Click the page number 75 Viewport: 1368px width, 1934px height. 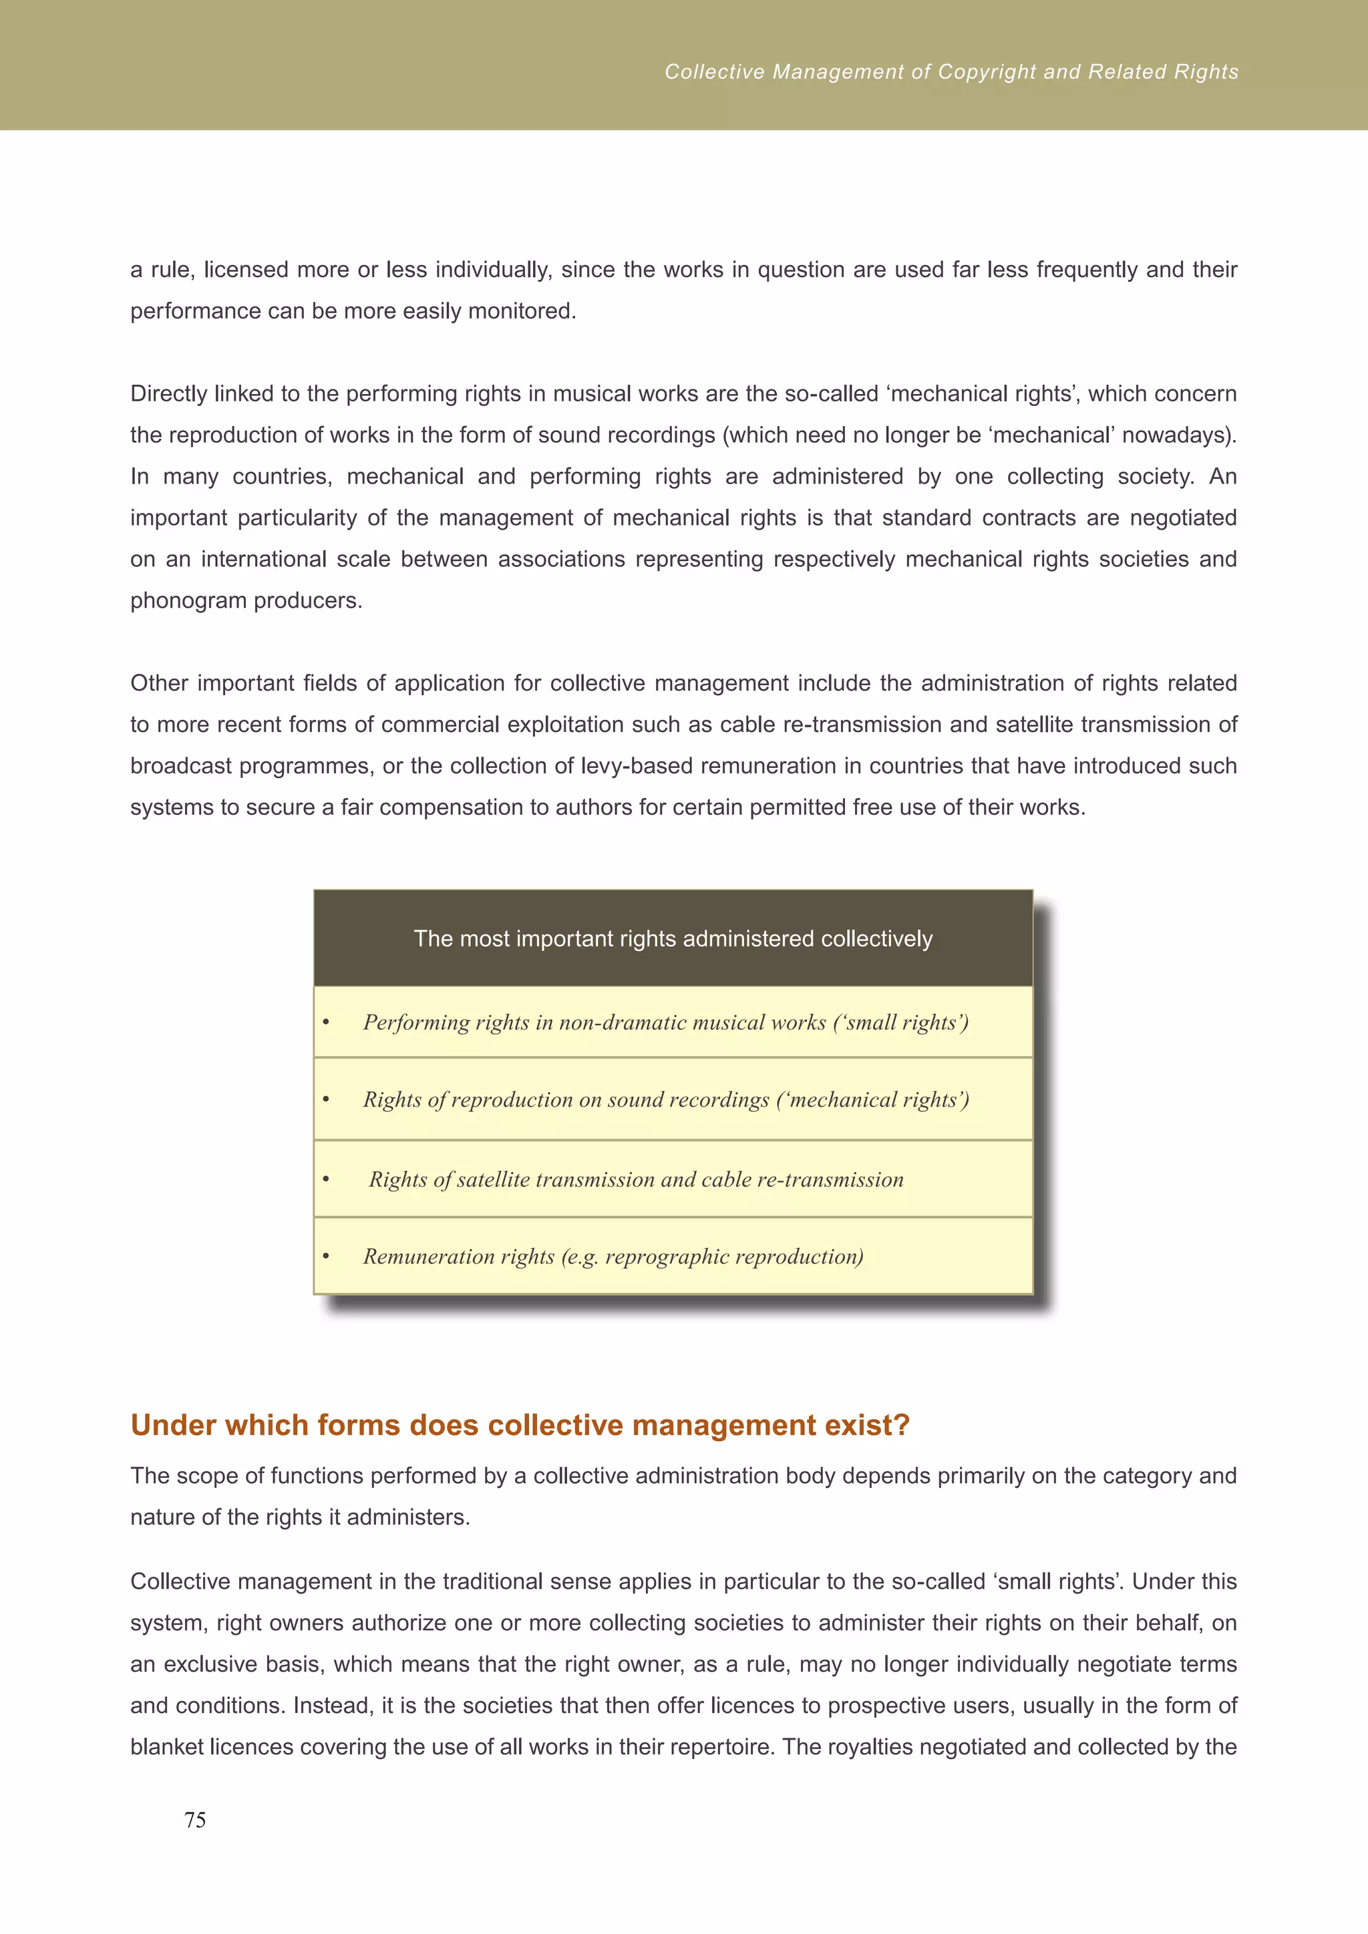coord(194,1820)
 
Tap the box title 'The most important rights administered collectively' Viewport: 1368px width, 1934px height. coord(673,938)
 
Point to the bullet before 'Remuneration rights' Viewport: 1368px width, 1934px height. coord(326,1258)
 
